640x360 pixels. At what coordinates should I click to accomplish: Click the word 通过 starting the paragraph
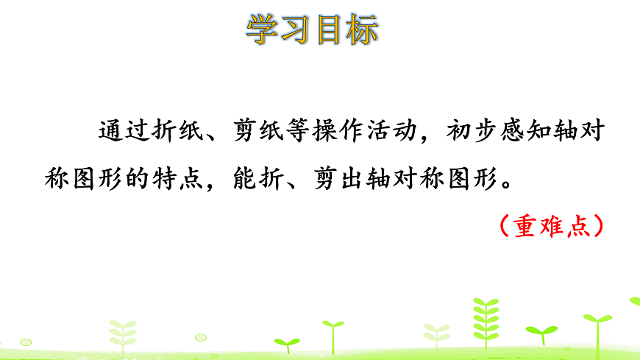123,133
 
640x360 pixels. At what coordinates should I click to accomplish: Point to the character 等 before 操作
296,133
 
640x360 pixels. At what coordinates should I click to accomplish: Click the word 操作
337,133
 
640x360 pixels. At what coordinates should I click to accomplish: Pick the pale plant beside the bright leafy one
438,335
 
